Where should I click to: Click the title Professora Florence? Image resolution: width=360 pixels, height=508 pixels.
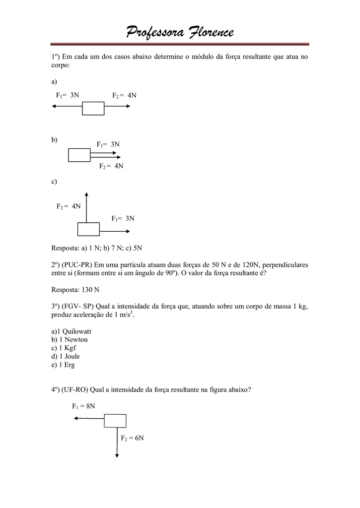pyautogui.click(x=179, y=33)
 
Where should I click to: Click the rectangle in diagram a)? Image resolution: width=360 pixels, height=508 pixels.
pyautogui.click(x=93, y=108)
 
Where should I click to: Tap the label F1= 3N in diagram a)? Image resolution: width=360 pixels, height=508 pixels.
pyautogui.click(x=68, y=95)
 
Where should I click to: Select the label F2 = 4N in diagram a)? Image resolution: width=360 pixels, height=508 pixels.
pyautogui.click(x=124, y=95)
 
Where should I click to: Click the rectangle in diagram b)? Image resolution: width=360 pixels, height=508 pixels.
pyautogui.click(x=79, y=155)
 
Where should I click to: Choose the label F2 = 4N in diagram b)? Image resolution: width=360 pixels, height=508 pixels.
pyautogui.click(x=111, y=166)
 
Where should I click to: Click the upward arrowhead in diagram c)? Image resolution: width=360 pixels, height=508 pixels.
pyautogui.click(x=86, y=194)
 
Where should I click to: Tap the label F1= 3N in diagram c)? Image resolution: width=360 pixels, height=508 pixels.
pyautogui.click(x=123, y=218)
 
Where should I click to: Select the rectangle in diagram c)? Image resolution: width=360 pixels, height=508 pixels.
pyautogui.click(x=88, y=229)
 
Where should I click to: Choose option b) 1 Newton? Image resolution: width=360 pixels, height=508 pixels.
pyautogui.click(x=70, y=339)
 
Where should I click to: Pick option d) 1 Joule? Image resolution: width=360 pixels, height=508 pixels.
pyautogui.click(x=66, y=356)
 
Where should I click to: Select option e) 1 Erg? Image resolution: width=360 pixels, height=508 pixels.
pyautogui.click(x=64, y=365)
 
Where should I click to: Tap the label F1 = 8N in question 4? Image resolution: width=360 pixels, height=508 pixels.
pyautogui.click(x=83, y=406)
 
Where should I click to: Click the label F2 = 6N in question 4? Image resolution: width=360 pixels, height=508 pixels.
pyautogui.click(x=133, y=438)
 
